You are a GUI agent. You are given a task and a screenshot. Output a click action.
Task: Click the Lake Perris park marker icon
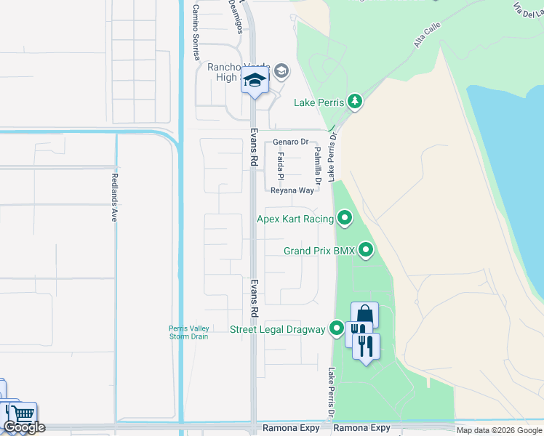point(354,102)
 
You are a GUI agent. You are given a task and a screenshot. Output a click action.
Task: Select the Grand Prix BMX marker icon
point(366,251)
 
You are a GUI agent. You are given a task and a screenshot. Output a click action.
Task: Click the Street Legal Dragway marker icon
point(336,329)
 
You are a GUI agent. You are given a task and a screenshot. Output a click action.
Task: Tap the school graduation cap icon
point(255,81)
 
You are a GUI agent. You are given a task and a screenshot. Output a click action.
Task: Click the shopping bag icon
point(364,315)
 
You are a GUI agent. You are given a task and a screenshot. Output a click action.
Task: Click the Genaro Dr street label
point(291,142)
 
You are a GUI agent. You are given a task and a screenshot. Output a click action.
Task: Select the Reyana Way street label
point(292,190)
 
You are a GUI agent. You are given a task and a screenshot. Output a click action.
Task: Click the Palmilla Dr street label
point(317,163)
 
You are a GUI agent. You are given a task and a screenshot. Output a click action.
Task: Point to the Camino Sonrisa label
point(196,22)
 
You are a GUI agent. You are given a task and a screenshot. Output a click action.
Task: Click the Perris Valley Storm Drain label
point(189,332)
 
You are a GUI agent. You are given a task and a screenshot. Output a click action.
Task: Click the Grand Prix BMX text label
point(319,251)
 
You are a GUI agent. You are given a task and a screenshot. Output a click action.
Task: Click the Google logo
point(24,427)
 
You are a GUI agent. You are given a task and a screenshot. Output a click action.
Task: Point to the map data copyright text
point(499,430)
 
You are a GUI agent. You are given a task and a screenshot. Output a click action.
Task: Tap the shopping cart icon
point(23,414)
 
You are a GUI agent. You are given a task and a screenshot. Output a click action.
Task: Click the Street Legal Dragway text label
point(278,330)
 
